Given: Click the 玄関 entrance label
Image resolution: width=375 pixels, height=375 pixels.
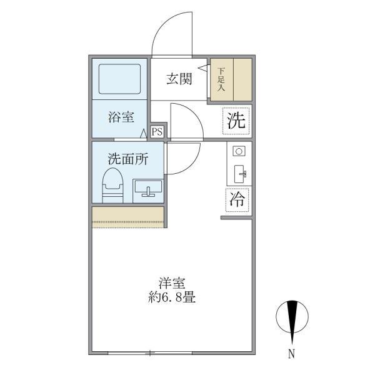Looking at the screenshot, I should [x=178, y=79].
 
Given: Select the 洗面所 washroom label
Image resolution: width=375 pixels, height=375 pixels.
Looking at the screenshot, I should [x=127, y=159].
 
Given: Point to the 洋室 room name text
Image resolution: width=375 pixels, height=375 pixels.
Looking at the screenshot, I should [x=172, y=282].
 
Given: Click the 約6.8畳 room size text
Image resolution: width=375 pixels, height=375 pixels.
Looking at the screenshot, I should [x=172, y=297].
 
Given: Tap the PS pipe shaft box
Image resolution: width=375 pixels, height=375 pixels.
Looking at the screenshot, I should [x=157, y=131].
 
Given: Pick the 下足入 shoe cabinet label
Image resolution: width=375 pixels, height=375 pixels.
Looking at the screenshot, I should [x=221, y=79].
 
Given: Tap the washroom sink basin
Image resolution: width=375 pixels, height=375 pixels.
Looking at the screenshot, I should [x=147, y=187].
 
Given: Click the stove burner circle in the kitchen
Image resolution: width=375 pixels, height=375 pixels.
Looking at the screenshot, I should [x=238, y=151].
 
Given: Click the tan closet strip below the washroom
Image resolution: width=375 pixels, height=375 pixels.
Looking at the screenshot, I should [x=128, y=216].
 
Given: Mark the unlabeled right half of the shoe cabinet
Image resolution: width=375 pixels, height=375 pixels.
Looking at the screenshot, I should [x=242, y=79].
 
